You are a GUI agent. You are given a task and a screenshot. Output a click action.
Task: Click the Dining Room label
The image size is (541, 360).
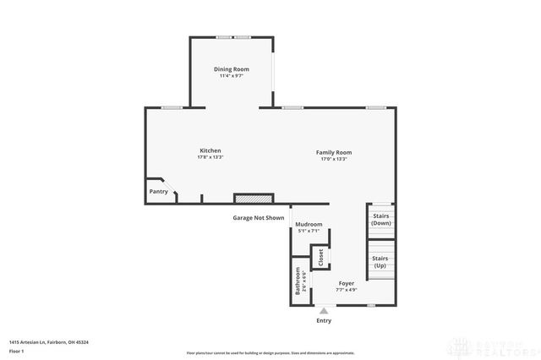[x=230, y=68]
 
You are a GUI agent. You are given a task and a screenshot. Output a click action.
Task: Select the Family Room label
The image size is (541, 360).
[x=334, y=152]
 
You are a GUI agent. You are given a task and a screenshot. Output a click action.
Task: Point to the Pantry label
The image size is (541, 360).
[x=159, y=192]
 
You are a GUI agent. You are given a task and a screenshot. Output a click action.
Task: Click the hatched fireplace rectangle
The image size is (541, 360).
[x=254, y=199]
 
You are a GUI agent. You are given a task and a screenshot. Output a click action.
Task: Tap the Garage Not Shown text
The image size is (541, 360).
[x=259, y=218]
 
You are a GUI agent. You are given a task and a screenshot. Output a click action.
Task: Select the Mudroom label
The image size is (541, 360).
[x=309, y=224]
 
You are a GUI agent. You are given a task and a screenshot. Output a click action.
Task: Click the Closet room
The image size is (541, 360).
[x=320, y=257]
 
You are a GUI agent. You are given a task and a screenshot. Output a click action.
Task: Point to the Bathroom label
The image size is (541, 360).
[x=298, y=280]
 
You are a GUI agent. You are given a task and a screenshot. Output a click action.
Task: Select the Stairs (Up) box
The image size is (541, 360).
[x=380, y=261]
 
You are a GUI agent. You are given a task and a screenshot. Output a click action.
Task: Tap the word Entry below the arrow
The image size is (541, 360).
[x=324, y=321]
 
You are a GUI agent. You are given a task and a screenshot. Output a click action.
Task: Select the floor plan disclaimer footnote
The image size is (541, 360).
[x=270, y=353]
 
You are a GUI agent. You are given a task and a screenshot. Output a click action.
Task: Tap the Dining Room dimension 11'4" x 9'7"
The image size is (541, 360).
[x=230, y=75]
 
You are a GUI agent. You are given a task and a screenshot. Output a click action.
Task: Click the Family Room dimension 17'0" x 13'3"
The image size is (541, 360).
[x=334, y=159]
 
